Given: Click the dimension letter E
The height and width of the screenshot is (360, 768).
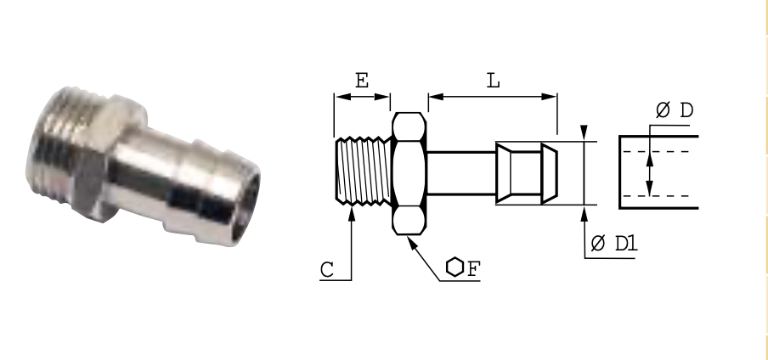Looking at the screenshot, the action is (361, 81).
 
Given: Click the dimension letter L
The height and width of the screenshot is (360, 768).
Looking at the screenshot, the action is (494, 81).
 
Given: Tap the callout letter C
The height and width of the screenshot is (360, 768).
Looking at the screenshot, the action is (327, 270).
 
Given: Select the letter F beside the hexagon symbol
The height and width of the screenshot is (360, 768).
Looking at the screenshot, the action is (474, 269).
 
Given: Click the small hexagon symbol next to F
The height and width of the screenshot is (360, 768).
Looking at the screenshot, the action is (455, 267).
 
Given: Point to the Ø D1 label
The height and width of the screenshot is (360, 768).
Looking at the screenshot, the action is (614, 243).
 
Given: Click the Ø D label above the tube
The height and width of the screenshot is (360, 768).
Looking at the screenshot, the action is (675, 110).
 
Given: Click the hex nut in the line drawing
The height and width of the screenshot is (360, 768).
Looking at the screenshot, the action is (409, 174).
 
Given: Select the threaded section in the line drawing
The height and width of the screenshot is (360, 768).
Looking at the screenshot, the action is (364, 171).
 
